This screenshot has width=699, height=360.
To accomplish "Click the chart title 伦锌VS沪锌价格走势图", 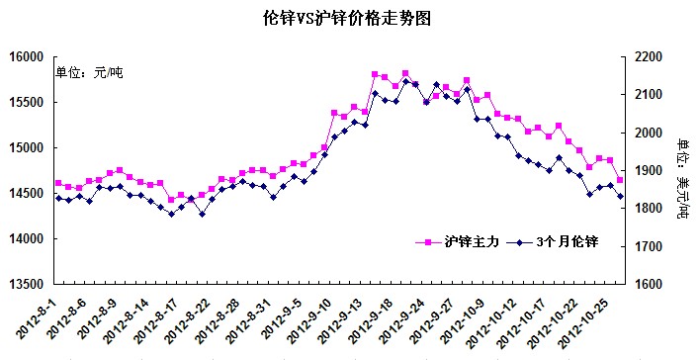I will [x=349, y=18].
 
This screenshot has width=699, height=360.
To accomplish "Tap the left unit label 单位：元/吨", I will [x=89, y=72].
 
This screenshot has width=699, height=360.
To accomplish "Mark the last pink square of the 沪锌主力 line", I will [x=620, y=180].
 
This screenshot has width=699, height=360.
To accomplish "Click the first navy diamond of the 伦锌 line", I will [x=58, y=198].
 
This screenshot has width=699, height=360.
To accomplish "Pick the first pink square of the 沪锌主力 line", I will [x=58, y=183].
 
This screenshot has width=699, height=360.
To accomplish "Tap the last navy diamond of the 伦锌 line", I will [x=620, y=196].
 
